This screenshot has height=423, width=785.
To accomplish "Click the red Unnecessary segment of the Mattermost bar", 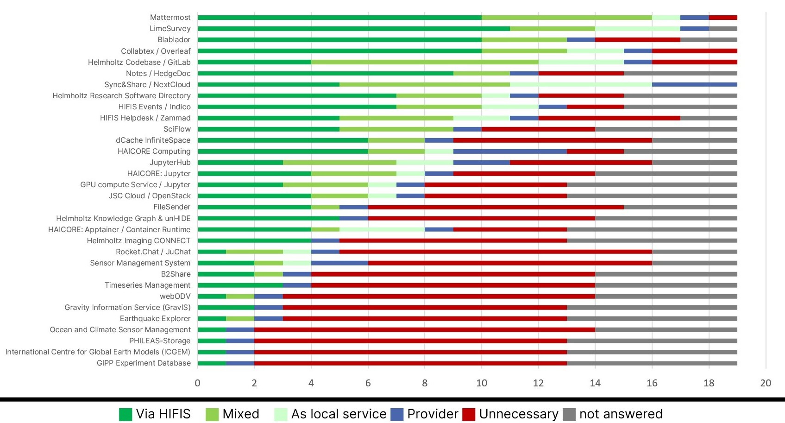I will (x=723, y=18).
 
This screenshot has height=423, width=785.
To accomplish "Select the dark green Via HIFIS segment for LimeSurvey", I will (x=354, y=29).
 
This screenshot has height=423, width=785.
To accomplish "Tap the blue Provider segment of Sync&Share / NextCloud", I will (x=694, y=84).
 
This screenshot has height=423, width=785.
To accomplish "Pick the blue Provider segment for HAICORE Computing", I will (x=510, y=152).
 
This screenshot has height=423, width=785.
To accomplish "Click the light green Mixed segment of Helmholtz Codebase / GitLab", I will (x=425, y=62).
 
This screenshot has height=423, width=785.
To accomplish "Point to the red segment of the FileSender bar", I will (x=496, y=207).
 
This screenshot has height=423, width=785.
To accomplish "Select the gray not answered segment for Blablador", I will (x=709, y=40).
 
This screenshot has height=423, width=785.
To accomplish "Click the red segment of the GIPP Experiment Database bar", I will (x=410, y=363).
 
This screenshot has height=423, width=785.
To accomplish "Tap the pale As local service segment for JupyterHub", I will (x=425, y=163).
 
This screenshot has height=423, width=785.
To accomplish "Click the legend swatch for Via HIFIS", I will (x=126, y=414).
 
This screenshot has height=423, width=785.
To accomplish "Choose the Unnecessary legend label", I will (x=519, y=414).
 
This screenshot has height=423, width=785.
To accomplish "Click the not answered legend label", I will (x=621, y=414).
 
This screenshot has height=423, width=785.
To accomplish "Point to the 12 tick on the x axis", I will (x=538, y=383).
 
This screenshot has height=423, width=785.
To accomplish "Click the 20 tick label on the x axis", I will (x=766, y=383).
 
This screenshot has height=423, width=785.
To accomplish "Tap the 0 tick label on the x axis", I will (x=198, y=383).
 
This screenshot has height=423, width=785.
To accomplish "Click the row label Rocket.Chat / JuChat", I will (x=153, y=252).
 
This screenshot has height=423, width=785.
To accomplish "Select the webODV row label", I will (x=175, y=297).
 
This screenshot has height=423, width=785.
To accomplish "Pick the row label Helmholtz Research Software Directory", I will (x=121, y=96).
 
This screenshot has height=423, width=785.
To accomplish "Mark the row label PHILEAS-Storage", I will (x=160, y=341).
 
